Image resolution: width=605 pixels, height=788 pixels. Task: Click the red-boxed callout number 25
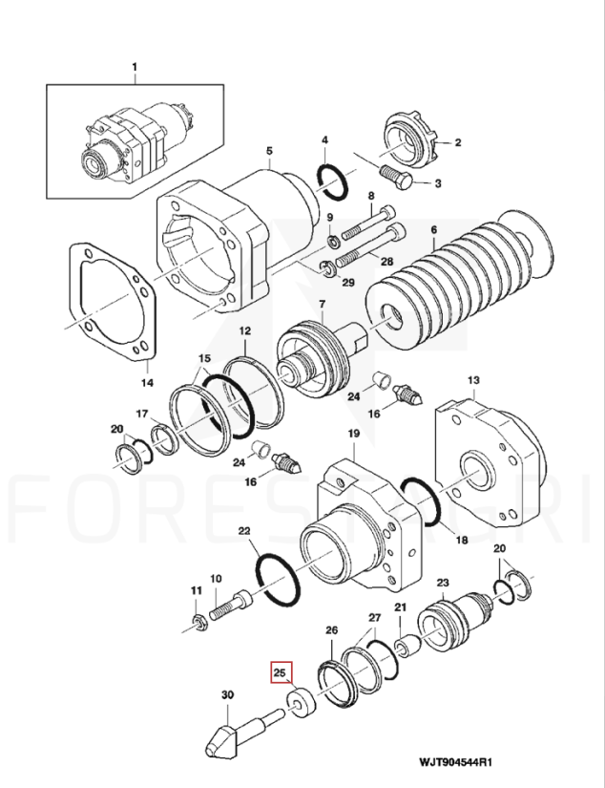(280, 672)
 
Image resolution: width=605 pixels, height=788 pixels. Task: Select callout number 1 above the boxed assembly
(135, 67)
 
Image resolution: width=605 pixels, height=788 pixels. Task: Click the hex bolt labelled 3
(397, 177)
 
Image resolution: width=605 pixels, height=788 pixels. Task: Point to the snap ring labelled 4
(332, 181)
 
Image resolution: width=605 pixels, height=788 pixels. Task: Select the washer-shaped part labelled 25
(302, 703)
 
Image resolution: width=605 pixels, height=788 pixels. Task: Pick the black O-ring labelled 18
(421, 502)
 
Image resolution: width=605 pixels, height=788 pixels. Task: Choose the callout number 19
(354, 434)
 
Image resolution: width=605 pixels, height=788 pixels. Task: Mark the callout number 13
(473, 380)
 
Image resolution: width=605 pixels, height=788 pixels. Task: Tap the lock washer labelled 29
(327, 268)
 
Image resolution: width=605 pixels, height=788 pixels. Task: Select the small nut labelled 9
(333, 241)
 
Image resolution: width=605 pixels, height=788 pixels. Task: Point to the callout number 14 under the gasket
(147, 383)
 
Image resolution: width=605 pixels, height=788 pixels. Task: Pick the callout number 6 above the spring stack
(433, 230)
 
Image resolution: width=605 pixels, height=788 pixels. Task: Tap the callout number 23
(443, 583)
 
